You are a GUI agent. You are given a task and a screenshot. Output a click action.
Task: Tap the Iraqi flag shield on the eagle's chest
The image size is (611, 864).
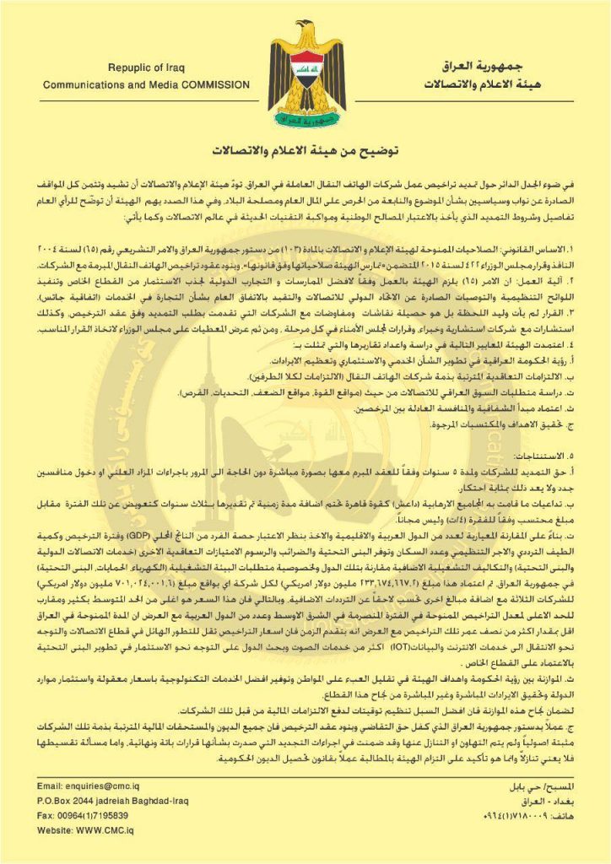pos(306,73)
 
